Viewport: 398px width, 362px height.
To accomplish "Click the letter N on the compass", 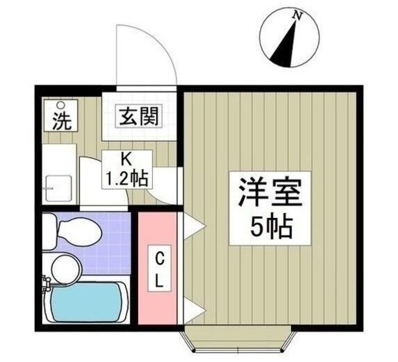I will (x=298, y=17).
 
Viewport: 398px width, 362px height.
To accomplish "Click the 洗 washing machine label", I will (x=60, y=121).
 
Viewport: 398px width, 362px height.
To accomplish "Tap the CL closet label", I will (x=159, y=268).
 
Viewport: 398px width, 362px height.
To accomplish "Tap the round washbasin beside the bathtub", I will (x=65, y=268).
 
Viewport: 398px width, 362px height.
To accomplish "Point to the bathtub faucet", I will (x=45, y=285).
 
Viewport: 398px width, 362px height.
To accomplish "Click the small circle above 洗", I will (x=61, y=105).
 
